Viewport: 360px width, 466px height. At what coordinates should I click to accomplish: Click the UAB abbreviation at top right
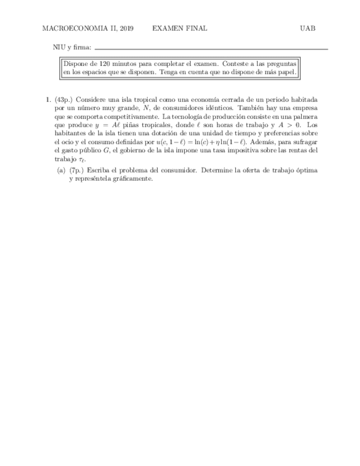(308, 29)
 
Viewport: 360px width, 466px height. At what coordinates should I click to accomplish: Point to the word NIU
(59, 48)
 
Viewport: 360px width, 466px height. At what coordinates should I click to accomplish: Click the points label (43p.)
(64, 100)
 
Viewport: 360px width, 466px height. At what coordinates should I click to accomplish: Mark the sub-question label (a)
(61, 170)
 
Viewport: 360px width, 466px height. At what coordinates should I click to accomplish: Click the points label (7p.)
(77, 170)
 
